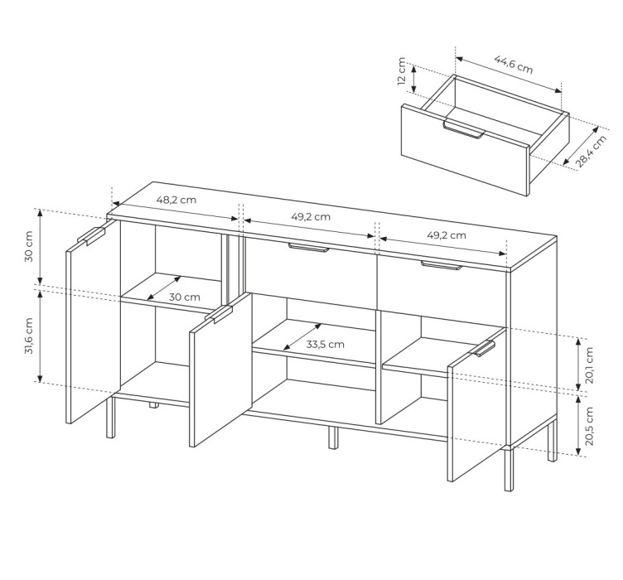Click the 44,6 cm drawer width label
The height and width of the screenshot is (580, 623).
click(x=514, y=65)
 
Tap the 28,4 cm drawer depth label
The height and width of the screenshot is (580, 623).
click(x=591, y=152)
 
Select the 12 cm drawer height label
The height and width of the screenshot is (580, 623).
click(x=402, y=71)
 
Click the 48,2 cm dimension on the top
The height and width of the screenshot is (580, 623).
click(x=176, y=200)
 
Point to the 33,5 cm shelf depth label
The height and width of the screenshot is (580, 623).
click(x=325, y=344)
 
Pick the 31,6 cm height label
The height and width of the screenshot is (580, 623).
click(x=29, y=336)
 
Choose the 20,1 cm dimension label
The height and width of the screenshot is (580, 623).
click(x=589, y=365)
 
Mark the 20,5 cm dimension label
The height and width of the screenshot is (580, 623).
click(x=589, y=426)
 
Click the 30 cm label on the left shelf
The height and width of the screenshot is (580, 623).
click(x=185, y=297)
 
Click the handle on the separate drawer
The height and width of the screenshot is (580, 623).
click(x=464, y=129)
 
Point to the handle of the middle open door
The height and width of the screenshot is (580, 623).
click(x=219, y=314)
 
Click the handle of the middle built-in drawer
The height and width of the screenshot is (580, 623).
click(x=309, y=248)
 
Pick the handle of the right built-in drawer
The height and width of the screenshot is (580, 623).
click(x=442, y=265)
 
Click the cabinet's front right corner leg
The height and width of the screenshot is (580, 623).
click(x=508, y=469)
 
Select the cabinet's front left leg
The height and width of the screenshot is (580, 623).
click(x=110, y=417)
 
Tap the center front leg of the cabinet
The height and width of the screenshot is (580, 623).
click(x=333, y=437)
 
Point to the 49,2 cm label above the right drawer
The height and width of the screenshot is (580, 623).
click(x=447, y=235)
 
